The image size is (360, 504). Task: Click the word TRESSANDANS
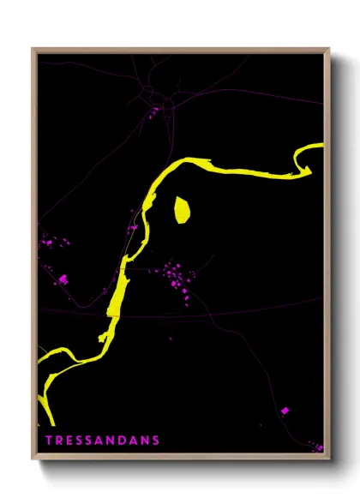pyautogui.click(x=101, y=441)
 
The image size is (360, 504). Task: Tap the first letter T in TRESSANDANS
pyautogui.click(x=48, y=441)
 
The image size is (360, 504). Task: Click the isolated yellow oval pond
pyautogui.click(x=182, y=210)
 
